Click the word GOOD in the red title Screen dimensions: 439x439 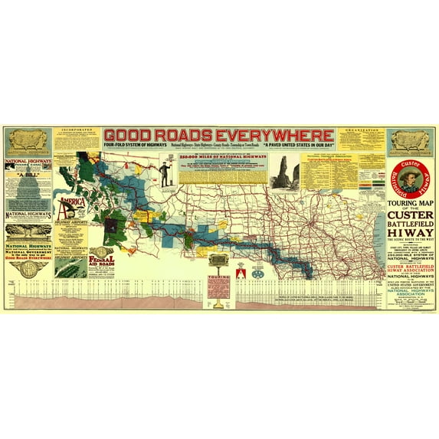point(131,133)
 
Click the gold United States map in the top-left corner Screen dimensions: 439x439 point(29,139)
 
